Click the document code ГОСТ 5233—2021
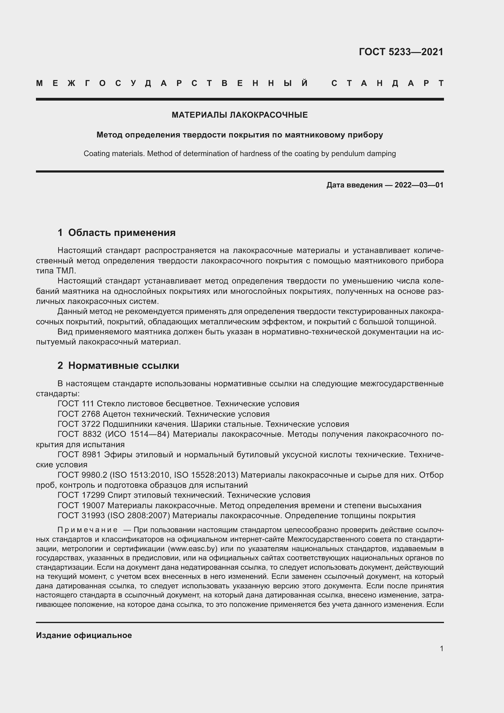401,52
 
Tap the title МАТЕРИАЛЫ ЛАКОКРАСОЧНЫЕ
240,115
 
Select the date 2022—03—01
419,185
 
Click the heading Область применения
122,233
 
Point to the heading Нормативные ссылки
123,365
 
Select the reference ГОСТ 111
76,404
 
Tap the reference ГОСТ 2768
79,414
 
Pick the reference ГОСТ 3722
79,424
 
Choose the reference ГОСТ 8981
79,455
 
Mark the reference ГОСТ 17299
81,495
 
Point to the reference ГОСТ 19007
81,505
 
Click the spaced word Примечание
87,530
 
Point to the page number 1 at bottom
441,648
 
